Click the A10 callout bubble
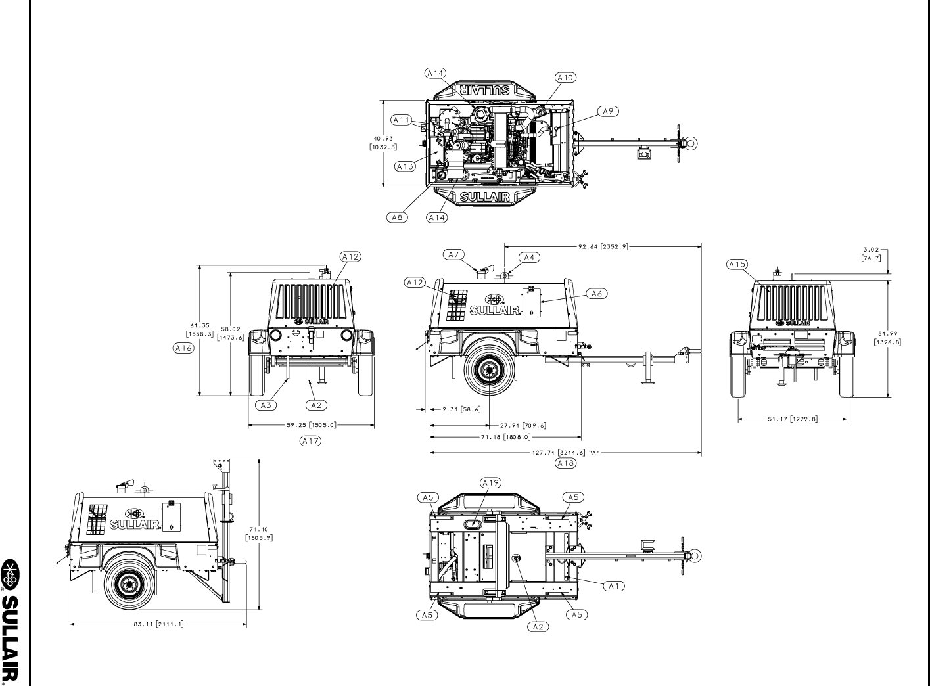(566, 78)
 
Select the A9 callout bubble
(608, 112)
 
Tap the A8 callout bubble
(397, 217)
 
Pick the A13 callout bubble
(405, 166)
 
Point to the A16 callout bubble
(183, 348)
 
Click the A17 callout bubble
(310, 441)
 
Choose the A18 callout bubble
(566, 463)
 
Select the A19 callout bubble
(490, 483)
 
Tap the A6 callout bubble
(597, 294)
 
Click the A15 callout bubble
(737, 265)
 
